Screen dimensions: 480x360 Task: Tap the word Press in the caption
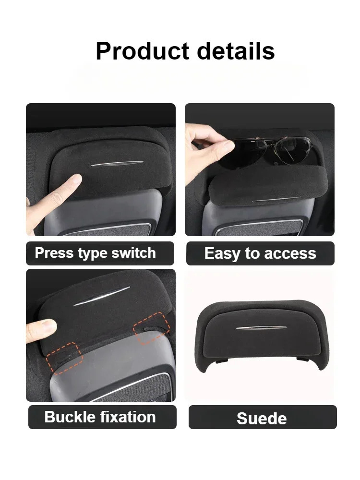53,253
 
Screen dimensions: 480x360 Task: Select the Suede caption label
262,418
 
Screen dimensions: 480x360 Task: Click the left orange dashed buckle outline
65,358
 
